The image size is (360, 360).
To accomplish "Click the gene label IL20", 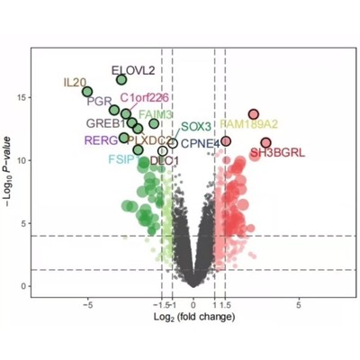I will coord(75,82).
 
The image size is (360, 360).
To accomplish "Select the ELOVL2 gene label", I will coord(133,68).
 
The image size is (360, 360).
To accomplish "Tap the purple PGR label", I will coord(98,101).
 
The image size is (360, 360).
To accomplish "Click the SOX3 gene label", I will coord(195,127).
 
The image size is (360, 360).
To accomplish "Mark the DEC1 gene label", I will coord(165,160).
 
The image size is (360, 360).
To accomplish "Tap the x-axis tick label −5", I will coord(87,306).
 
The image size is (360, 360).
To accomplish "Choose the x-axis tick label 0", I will coord(193,306).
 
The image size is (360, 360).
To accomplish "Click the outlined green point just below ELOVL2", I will coord(122,80).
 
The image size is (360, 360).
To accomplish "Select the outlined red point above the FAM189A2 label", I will coord(254,113).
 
